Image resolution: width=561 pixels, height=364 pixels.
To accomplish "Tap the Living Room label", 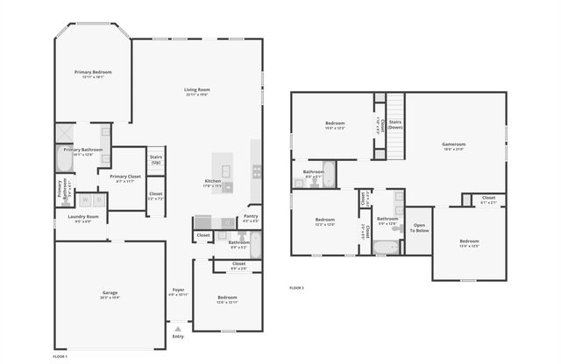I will [197, 90].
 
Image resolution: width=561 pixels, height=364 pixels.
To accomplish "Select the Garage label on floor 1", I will [110, 292].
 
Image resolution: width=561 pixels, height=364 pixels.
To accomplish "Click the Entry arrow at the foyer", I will [178, 328].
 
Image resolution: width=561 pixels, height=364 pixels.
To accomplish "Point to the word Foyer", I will [178, 290].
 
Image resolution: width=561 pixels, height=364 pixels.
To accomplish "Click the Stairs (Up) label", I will [156, 160].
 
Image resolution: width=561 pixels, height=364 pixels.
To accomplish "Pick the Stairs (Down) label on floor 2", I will [395, 124].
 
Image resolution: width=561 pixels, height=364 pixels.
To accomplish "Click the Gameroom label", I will [453, 144].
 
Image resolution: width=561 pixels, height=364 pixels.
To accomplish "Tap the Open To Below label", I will [420, 227].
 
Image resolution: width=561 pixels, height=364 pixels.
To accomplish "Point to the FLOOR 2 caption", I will [297, 288].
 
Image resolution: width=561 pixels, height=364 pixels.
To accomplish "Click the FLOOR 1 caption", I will [60, 357].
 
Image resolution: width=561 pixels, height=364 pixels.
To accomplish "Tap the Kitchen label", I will [213, 181].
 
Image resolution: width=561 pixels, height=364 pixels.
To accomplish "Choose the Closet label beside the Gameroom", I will [488, 199].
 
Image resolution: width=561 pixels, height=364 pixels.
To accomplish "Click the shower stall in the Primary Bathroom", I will [64, 133].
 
